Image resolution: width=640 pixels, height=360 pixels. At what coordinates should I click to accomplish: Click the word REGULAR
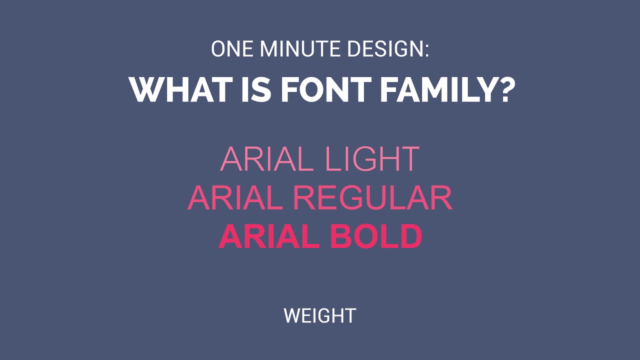pyautogui.click(x=372, y=198)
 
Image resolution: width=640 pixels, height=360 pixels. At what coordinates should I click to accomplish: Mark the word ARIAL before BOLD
pyautogui.click(x=269, y=236)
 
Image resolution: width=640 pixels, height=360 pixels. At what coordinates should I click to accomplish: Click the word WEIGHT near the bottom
pyautogui.click(x=319, y=316)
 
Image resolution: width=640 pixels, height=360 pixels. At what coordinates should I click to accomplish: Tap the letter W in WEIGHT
pyautogui.click(x=291, y=316)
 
